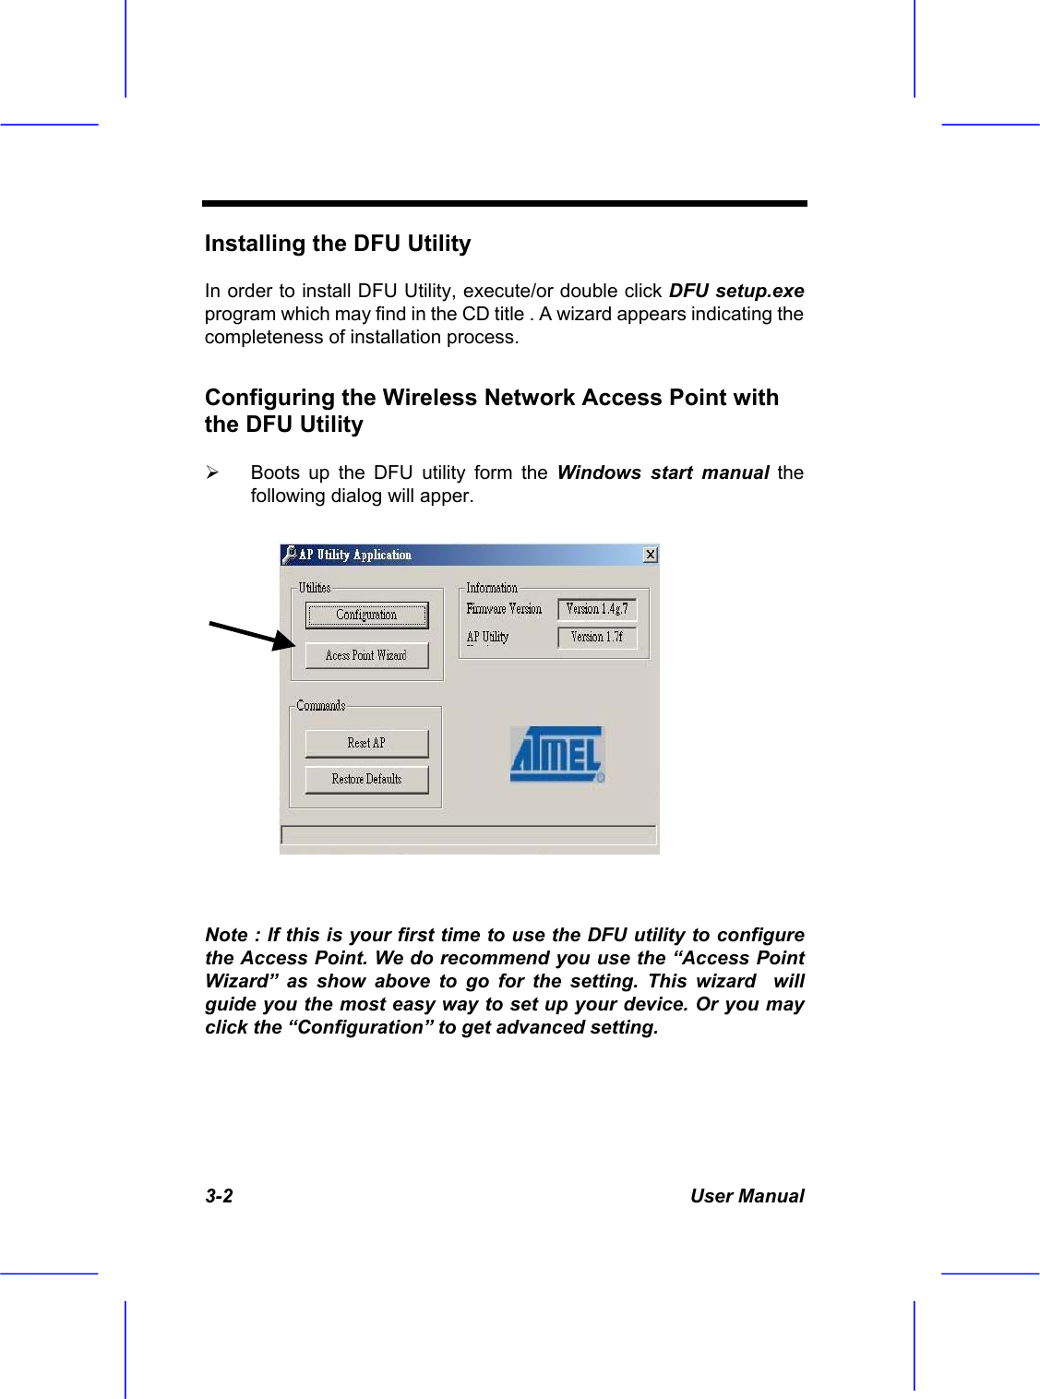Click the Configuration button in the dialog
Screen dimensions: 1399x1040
(366, 615)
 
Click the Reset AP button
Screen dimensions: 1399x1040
(366, 743)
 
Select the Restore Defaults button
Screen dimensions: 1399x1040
(366, 779)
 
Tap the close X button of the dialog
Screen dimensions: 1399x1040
(651, 555)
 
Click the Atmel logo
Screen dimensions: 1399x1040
(557, 755)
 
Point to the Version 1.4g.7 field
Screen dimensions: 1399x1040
(597, 609)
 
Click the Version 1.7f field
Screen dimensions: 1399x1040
(597, 637)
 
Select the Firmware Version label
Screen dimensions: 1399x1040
(504, 609)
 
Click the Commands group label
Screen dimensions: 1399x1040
(321, 706)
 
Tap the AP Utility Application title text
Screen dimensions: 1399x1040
(355, 555)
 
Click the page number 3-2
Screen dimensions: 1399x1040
(219, 1196)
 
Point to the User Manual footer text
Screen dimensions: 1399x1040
(747, 1196)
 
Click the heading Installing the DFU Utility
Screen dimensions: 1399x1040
(338, 244)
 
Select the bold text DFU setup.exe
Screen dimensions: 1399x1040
(736, 291)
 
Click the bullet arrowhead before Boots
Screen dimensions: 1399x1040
(212, 472)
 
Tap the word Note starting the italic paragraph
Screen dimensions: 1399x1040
(226, 935)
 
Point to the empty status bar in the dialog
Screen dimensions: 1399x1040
(469, 835)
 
